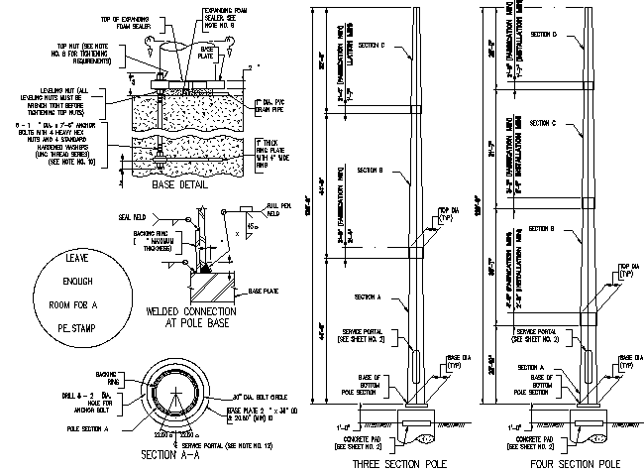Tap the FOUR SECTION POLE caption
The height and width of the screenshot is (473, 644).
(563, 463)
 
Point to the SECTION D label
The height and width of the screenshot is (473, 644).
(544, 34)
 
